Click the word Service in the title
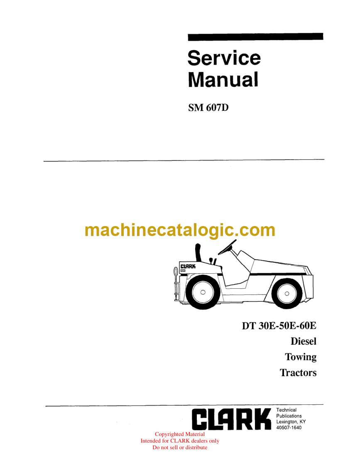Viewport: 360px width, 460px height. coord(224,58)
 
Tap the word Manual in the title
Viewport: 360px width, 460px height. coord(223,80)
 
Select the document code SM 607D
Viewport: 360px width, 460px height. coord(208,108)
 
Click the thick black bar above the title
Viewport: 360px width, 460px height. coord(255,37)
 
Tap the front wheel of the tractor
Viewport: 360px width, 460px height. coord(203,292)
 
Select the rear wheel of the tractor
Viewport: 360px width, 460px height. coord(287,293)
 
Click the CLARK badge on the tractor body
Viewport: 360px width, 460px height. coord(188,266)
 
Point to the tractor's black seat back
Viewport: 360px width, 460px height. coord(198,253)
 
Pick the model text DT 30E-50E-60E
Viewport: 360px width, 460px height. coord(279,326)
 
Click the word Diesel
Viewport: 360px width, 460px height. coord(304,341)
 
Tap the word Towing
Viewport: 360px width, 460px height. coord(301,357)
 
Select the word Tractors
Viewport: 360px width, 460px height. coord(298,372)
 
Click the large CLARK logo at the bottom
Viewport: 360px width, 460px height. coord(231,419)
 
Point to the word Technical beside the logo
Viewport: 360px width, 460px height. coord(286,410)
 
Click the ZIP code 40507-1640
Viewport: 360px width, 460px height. coord(289,427)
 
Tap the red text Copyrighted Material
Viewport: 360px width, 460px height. coord(180,434)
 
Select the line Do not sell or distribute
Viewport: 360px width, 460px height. coord(180,448)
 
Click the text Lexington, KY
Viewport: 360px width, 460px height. coord(291,421)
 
